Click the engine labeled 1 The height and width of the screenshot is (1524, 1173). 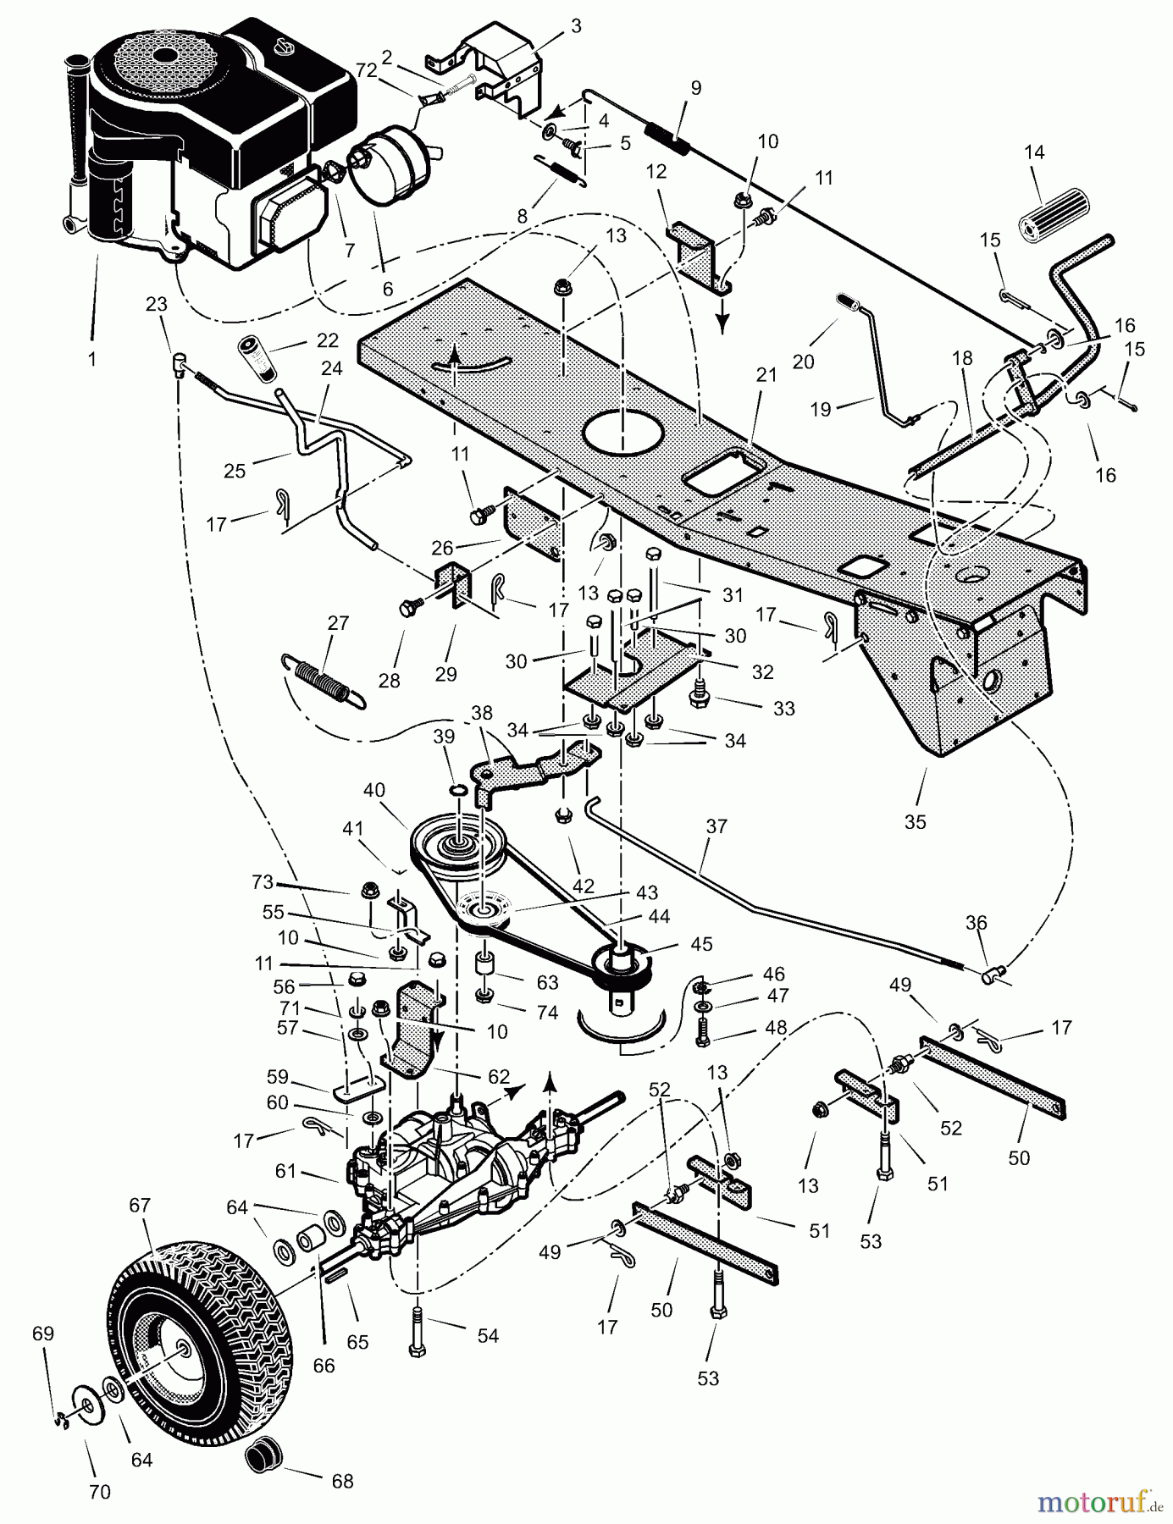click(212, 144)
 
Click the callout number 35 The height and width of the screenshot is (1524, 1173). click(915, 821)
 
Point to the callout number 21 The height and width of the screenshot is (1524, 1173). click(766, 375)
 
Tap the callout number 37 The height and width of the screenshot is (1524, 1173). click(717, 825)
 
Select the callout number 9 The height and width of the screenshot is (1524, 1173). click(696, 87)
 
